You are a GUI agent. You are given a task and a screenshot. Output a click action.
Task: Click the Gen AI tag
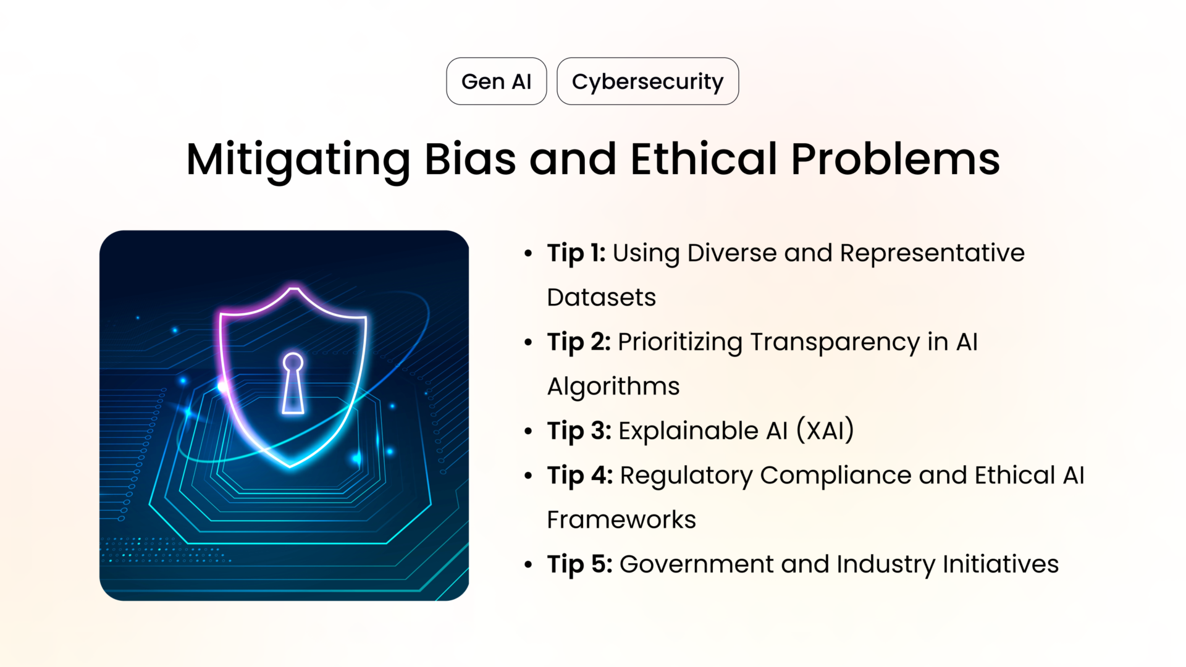point(496,82)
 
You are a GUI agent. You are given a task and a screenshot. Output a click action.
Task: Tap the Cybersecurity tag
point(647,82)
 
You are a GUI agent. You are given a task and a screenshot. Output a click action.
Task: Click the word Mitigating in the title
point(298,159)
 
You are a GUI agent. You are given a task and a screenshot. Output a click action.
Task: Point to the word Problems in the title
point(895,159)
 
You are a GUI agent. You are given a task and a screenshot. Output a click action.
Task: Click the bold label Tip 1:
point(576,253)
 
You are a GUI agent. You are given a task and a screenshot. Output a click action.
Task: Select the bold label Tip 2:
point(578,342)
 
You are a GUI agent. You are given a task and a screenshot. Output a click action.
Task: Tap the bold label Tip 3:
point(579,431)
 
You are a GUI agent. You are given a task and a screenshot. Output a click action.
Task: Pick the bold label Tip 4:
point(579,476)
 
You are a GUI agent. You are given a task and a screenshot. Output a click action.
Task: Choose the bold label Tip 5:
point(579,564)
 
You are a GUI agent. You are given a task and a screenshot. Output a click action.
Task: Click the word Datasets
point(601,298)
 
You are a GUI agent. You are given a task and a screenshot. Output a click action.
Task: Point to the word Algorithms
point(613,387)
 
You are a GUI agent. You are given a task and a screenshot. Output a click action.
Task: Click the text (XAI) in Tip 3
point(825,430)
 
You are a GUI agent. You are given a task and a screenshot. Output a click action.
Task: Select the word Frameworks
point(621,520)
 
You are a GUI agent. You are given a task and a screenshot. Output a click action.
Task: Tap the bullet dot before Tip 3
point(528,431)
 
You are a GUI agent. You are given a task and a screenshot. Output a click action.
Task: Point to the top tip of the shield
point(294,288)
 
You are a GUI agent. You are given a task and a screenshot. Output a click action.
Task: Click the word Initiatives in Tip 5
point(1000,564)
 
